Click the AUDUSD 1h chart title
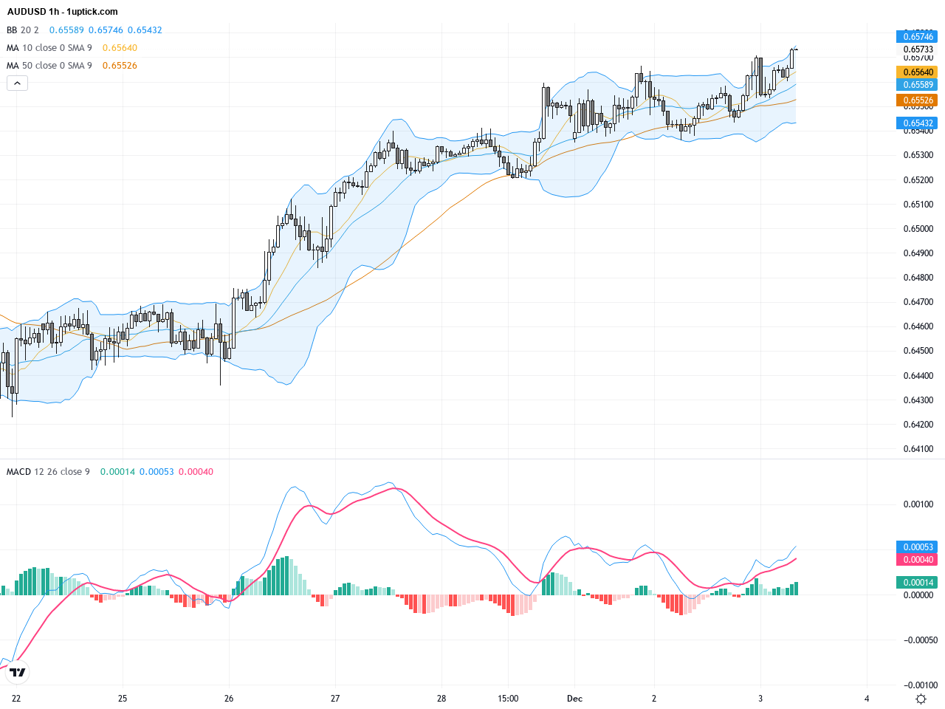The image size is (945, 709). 62,12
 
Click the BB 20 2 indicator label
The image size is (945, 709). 23,30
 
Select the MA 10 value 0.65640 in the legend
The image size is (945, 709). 120,48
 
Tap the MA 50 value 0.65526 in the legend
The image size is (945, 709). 120,66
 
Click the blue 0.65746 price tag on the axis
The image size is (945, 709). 917,36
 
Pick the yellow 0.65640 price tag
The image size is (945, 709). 917,72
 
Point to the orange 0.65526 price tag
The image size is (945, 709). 917,100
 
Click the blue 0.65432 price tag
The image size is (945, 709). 917,123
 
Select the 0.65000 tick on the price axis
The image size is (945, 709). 918,229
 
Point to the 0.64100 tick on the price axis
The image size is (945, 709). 918,449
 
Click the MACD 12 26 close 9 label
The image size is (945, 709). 48,472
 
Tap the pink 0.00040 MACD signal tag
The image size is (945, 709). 917,560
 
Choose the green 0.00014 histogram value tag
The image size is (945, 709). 917,583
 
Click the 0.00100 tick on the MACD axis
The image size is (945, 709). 918,504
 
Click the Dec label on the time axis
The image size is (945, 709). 574,699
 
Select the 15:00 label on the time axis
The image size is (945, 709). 508,699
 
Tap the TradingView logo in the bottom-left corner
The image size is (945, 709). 18,672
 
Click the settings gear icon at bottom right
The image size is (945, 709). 921,699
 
